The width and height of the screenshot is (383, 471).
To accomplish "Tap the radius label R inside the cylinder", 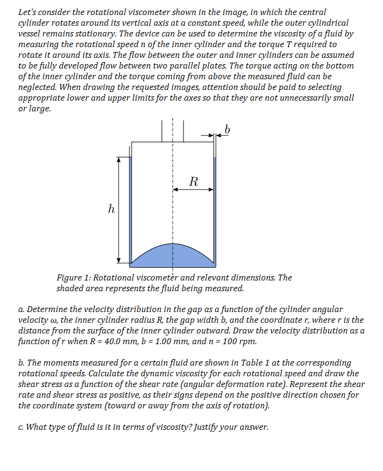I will point(194,181).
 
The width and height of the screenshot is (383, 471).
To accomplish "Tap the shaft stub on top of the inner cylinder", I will point(172,131).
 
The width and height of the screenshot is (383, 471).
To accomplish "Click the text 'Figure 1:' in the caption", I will point(73,278).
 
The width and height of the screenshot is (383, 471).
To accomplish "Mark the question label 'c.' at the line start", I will point(21,427).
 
